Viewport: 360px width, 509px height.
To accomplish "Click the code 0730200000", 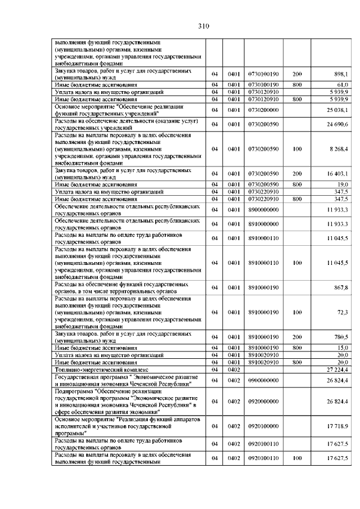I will (x=263, y=110).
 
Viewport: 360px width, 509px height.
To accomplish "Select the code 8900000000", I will (x=263, y=209).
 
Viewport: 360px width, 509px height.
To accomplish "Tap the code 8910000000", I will (x=263, y=224).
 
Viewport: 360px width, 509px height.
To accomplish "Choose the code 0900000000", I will (x=263, y=380).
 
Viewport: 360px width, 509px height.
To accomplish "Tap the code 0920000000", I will (x=263, y=401).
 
